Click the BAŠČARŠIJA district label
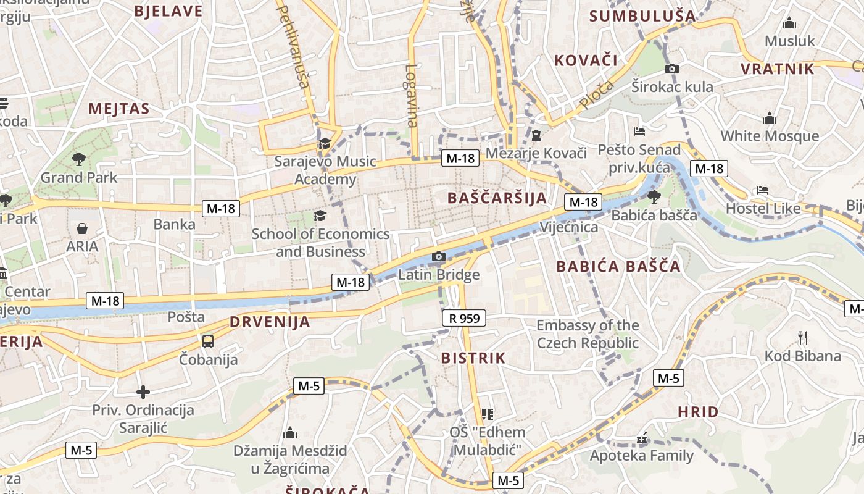(497, 198)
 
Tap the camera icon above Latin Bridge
(439, 256)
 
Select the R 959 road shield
(464, 319)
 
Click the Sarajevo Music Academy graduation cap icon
(325, 144)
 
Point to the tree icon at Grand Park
(78, 159)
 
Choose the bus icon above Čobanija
(208, 341)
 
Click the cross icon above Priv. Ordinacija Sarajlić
(143, 392)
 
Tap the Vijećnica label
(568, 227)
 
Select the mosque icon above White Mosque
(770, 118)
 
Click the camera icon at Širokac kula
(672, 69)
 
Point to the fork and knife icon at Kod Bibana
(802, 337)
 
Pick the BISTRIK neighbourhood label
(473, 358)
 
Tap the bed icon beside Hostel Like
(763, 190)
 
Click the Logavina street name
(412, 96)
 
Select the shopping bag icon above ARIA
(82, 228)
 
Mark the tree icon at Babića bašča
(654, 197)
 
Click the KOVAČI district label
(586, 61)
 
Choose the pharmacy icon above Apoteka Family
(642, 438)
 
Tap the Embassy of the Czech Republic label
(588, 334)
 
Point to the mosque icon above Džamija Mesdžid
(289, 433)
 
